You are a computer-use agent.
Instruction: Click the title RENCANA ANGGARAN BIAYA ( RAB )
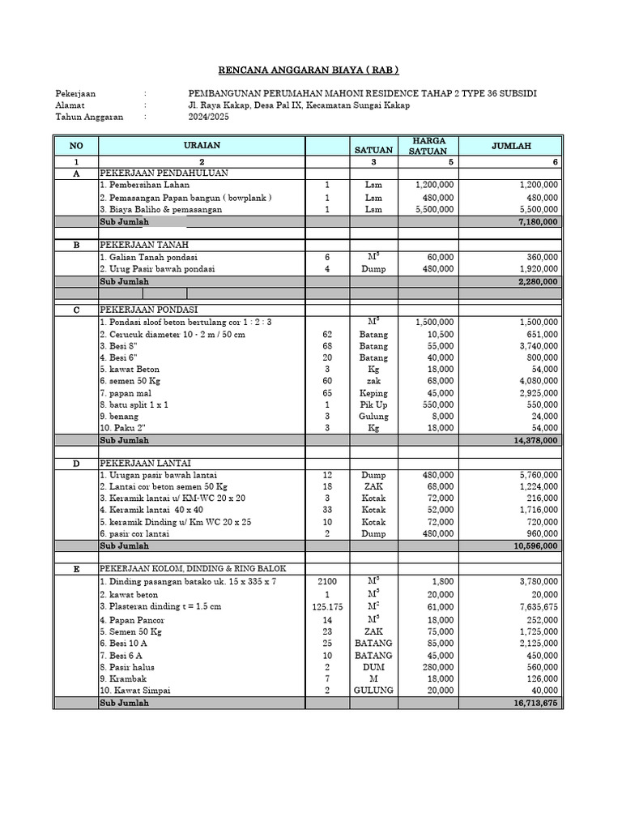tap(311, 70)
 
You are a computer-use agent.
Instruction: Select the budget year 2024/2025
tap(209, 117)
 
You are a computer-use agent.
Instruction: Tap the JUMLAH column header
tap(512, 146)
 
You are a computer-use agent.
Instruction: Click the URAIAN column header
tap(202, 145)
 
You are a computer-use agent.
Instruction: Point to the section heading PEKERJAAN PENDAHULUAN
tap(164, 173)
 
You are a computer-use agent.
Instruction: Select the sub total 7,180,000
tap(535, 221)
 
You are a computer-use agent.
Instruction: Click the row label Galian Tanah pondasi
tap(145, 257)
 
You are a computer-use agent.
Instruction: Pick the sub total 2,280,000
tap(535, 281)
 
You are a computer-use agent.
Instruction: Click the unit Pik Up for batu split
tap(373, 404)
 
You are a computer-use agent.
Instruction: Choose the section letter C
tap(76, 310)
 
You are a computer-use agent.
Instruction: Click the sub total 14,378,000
tap(532, 440)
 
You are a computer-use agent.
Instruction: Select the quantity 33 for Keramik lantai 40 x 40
tap(327, 511)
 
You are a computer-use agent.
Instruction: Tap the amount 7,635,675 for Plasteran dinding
tap(535, 607)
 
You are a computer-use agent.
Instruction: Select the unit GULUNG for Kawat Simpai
tap(373, 691)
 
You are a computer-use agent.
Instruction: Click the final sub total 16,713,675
tap(532, 704)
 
